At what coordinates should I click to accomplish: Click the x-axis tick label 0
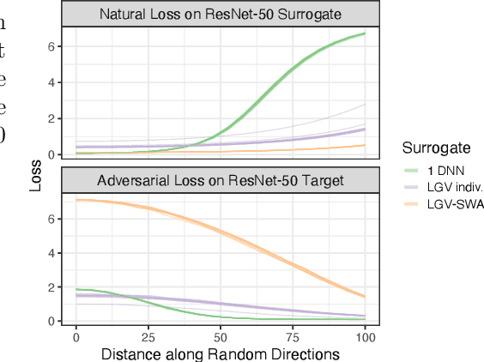(x=76, y=335)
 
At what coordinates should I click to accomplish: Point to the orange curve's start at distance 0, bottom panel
(x=76, y=200)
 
